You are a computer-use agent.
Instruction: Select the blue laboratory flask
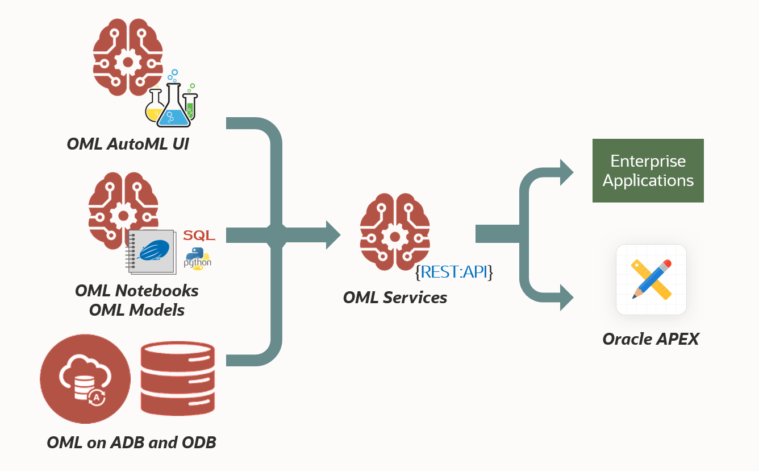pos(174,106)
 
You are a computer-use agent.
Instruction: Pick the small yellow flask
pos(154,108)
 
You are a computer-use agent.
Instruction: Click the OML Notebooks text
pos(137,291)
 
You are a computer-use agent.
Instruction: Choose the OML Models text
pos(137,310)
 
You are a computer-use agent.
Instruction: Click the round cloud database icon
pos(84,379)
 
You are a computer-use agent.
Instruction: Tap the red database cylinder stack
pos(178,379)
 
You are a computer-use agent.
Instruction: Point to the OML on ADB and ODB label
pos(131,443)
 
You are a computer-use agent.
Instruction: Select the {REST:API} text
pos(454,272)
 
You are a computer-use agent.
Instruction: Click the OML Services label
pos(395,297)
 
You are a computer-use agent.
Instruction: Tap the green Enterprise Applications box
pos(648,171)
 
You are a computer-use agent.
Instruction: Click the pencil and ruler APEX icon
pos(651,279)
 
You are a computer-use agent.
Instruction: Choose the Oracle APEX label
pos(650,339)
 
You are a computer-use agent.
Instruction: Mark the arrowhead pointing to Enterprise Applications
pos(567,172)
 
